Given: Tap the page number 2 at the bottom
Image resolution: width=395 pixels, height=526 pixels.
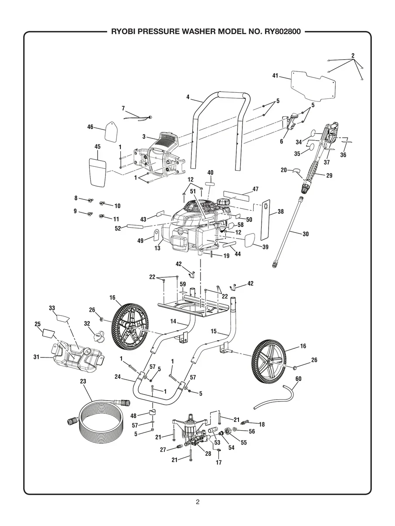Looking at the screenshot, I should point(197,502).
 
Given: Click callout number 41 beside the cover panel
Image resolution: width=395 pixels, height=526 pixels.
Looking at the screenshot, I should point(275,76).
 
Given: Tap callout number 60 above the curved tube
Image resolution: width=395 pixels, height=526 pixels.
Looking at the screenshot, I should point(298,378).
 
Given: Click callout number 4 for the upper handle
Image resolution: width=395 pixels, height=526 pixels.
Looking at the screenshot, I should point(188,97).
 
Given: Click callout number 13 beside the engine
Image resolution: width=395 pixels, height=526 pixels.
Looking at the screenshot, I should point(157,248).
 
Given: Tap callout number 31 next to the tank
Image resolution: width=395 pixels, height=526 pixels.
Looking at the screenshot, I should point(37,357).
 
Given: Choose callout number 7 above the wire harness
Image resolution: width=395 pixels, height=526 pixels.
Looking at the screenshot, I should point(123,108).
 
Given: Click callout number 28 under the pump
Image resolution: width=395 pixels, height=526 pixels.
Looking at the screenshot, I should point(208,453).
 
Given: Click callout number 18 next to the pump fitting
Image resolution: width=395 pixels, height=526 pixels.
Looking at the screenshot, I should point(262,424).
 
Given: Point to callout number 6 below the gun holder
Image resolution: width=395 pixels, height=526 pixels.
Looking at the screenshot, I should point(282,142).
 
